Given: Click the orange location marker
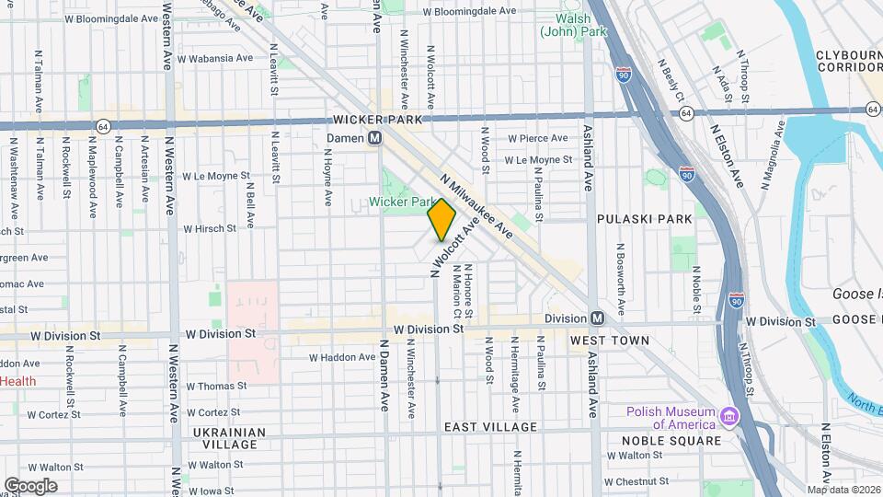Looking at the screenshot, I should [441, 219].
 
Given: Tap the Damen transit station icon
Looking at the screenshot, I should [375, 138].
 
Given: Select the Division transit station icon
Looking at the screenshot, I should [598, 318].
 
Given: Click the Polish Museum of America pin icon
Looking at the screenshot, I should [729, 417].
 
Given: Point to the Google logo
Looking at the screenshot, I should [30, 486].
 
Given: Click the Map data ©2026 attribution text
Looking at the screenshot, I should [843, 489].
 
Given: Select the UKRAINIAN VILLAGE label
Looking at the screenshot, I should [229, 438].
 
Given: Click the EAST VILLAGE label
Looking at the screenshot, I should [489, 427].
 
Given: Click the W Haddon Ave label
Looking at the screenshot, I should [338, 357].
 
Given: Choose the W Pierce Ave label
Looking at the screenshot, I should [539, 138].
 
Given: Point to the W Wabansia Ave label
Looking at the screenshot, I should [216, 58].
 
